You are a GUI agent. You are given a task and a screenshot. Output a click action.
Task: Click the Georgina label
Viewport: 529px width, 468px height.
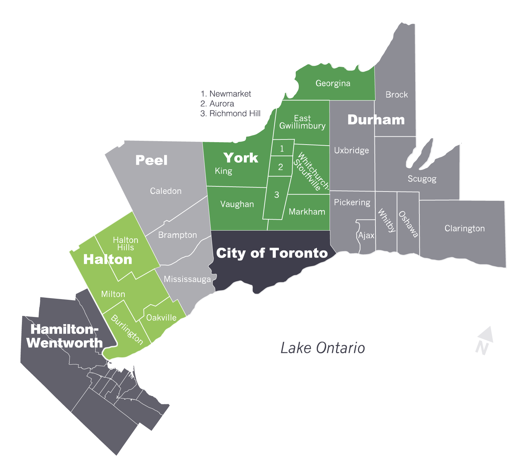333,84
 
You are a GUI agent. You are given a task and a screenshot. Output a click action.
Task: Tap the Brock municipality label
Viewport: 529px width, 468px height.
396,95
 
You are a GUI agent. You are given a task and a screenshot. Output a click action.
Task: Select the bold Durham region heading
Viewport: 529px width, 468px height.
376,120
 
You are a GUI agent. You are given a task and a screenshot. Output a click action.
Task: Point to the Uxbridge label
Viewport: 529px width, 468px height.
351,150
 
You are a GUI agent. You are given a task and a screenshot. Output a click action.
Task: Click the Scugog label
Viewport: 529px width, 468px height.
422,179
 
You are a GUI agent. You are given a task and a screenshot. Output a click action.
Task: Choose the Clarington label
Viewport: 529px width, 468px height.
464,229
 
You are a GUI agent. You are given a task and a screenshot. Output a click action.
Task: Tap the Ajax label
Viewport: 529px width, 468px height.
366,236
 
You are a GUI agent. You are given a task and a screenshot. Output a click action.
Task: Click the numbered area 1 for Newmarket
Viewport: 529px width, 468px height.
282,148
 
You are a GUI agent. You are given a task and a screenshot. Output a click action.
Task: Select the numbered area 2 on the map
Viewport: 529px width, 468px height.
281,167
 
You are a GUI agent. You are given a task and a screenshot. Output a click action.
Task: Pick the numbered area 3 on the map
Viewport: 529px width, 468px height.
276,195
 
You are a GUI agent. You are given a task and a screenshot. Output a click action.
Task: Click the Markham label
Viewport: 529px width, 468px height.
307,212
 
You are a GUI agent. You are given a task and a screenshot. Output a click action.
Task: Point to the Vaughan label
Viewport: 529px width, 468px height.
237,205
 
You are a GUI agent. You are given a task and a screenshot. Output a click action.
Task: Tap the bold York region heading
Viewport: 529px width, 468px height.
241,158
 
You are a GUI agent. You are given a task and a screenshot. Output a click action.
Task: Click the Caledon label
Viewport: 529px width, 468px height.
165,191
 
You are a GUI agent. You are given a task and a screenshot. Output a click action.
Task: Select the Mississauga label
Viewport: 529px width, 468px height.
187,279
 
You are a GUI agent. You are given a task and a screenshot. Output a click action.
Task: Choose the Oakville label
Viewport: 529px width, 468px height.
161,318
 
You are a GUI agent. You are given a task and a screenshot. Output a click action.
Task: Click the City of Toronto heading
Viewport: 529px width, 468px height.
272,253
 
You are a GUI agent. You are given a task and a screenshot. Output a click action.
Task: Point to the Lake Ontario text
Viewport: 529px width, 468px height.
323,348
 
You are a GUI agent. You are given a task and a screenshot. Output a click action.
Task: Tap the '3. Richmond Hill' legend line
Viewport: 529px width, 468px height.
230,114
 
